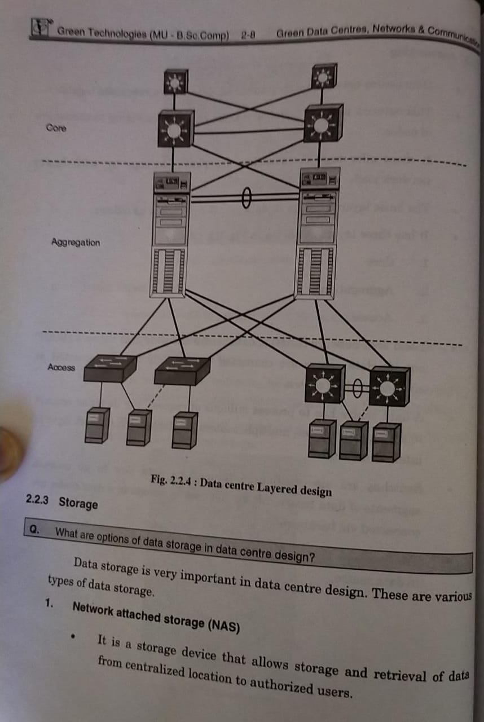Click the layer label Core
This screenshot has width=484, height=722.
point(56,128)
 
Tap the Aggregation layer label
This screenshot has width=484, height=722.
point(76,243)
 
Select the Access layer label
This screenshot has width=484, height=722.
point(61,367)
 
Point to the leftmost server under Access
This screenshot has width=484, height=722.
point(96,425)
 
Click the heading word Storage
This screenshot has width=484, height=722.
point(78,503)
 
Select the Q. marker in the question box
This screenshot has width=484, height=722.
point(35,530)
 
